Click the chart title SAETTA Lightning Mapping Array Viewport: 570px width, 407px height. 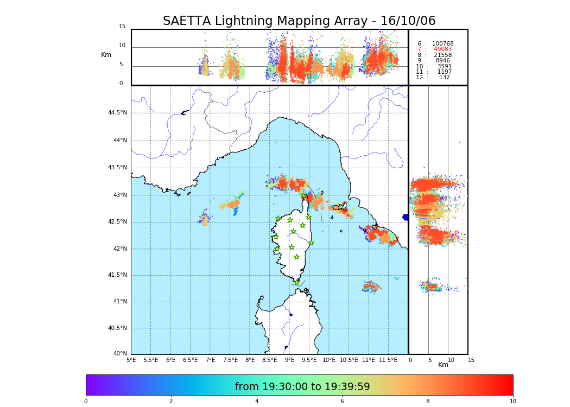pyautogui.click(x=299, y=21)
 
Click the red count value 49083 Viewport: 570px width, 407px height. pyautogui.click(x=442, y=49)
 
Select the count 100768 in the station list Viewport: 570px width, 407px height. pyautogui.click(x=442, y=44)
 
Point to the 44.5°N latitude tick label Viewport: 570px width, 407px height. pyautogui.click(x=117, y=113)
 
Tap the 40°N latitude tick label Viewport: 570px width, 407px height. pyautogui.click(x=120, y=354)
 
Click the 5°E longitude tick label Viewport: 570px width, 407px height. pyautogui.click(x=131, y=360)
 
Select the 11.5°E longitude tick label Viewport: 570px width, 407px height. pyautogui.click(x=388, y=360)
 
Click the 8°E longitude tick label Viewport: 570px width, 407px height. pyautogui.click(x=250, y=360)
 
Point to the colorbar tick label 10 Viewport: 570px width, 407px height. pyautogui.click(x=512, y=401)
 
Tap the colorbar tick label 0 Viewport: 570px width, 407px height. pyautogui.click(x=86, y=401)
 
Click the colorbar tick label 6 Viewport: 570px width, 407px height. pyautogui.click(x=342, y=401)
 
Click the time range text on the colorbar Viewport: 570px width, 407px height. pyautogui.click(x=302, y=386)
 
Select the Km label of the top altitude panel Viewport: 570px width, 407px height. pyautogui.click(x=106, y=55)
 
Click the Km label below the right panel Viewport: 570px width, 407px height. pyautogui.click(x=444, y=365)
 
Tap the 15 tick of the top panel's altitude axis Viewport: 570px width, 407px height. pyautogui.click(x=122, y=27)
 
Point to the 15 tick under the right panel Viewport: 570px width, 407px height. pyautogui.click(x=471, y=360)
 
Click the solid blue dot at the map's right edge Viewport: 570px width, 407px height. pyautogui.click(x=406, y=217)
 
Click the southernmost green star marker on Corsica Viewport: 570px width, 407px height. pyautogui.click(x=296, y=282)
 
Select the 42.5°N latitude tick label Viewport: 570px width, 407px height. pyautogui.click(x=117, y=221)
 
